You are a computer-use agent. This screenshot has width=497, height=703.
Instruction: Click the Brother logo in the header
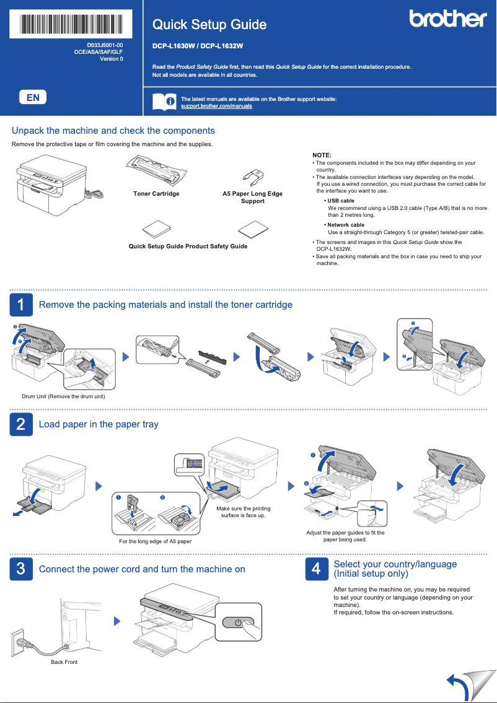click(x=447, y=19)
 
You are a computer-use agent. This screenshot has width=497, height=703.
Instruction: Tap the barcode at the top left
click(x=71, y=24)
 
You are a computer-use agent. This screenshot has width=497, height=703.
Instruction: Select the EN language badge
click(x=33, y=97)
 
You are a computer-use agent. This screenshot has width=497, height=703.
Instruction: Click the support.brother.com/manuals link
click(x=216, y=107)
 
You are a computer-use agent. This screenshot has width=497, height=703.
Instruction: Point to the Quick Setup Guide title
click(x=209, y=25)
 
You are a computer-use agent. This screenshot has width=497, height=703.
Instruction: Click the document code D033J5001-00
click(x=105, y=45)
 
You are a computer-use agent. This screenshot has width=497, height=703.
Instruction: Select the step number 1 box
click(x=21, y=305)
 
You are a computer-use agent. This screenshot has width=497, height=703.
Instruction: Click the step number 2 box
click(x=21, y=424)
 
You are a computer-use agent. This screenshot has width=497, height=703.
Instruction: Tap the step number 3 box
click(x=21, y=569)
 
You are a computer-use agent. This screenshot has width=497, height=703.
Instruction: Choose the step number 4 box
click(x=316, y=569)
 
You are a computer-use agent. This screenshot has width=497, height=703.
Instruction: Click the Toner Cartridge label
click(x=156, y=194)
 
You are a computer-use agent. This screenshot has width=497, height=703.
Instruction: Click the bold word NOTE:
click(x=322, y=155)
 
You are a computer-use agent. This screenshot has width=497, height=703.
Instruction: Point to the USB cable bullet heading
click(x=340, y=201)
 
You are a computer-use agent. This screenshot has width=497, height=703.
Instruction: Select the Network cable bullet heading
click(x=345, y=225)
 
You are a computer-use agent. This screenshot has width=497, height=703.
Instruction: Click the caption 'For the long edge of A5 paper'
click(x=155, y=541)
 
